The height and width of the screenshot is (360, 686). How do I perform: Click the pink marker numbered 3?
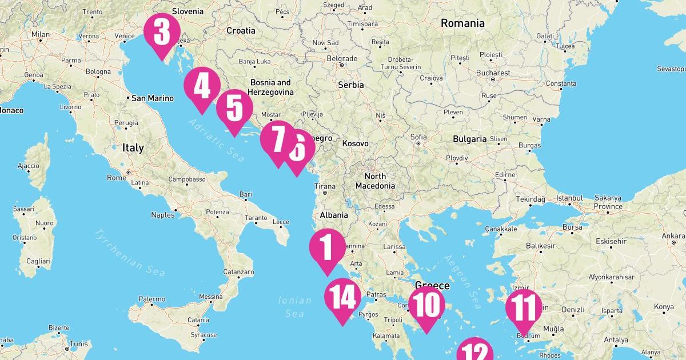(x=162, y=33)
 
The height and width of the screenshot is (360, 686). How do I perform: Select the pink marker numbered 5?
(x=234, y=109)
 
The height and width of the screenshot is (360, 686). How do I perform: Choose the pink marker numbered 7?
(x=277, y=139)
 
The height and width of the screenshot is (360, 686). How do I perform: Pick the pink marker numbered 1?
(x=328, y=248)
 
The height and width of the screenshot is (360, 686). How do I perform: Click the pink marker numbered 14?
(x=343, y=298)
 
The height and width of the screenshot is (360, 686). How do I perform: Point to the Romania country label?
(x=462, y=23)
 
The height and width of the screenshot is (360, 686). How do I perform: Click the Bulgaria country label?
(x=469, y=139)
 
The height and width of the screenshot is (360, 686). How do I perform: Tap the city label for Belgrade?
(x=342, y=58)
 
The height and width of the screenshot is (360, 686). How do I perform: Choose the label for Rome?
(x=116, y=178)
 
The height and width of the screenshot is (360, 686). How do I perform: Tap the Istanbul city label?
(x=569, y=198)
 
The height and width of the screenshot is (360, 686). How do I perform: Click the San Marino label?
(x=152, y=98)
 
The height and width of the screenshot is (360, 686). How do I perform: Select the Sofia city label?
(x=418, y=137)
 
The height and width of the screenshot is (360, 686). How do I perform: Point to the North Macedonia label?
(x=375, y=181)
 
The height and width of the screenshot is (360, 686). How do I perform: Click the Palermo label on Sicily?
(x=151, y=299)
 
